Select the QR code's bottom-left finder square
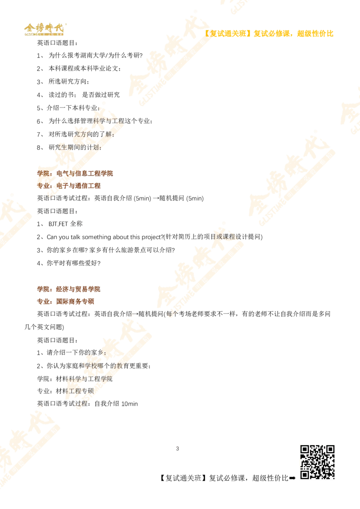pyautogui.click(x=305, y=474)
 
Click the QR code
pyautogui.click(x=318, y=462)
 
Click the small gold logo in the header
pyautogui.click(x=44, y=30)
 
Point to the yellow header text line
pyautogui.click(x=270, y=33)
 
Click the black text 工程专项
pyautogui.click(x=79, y=391)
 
